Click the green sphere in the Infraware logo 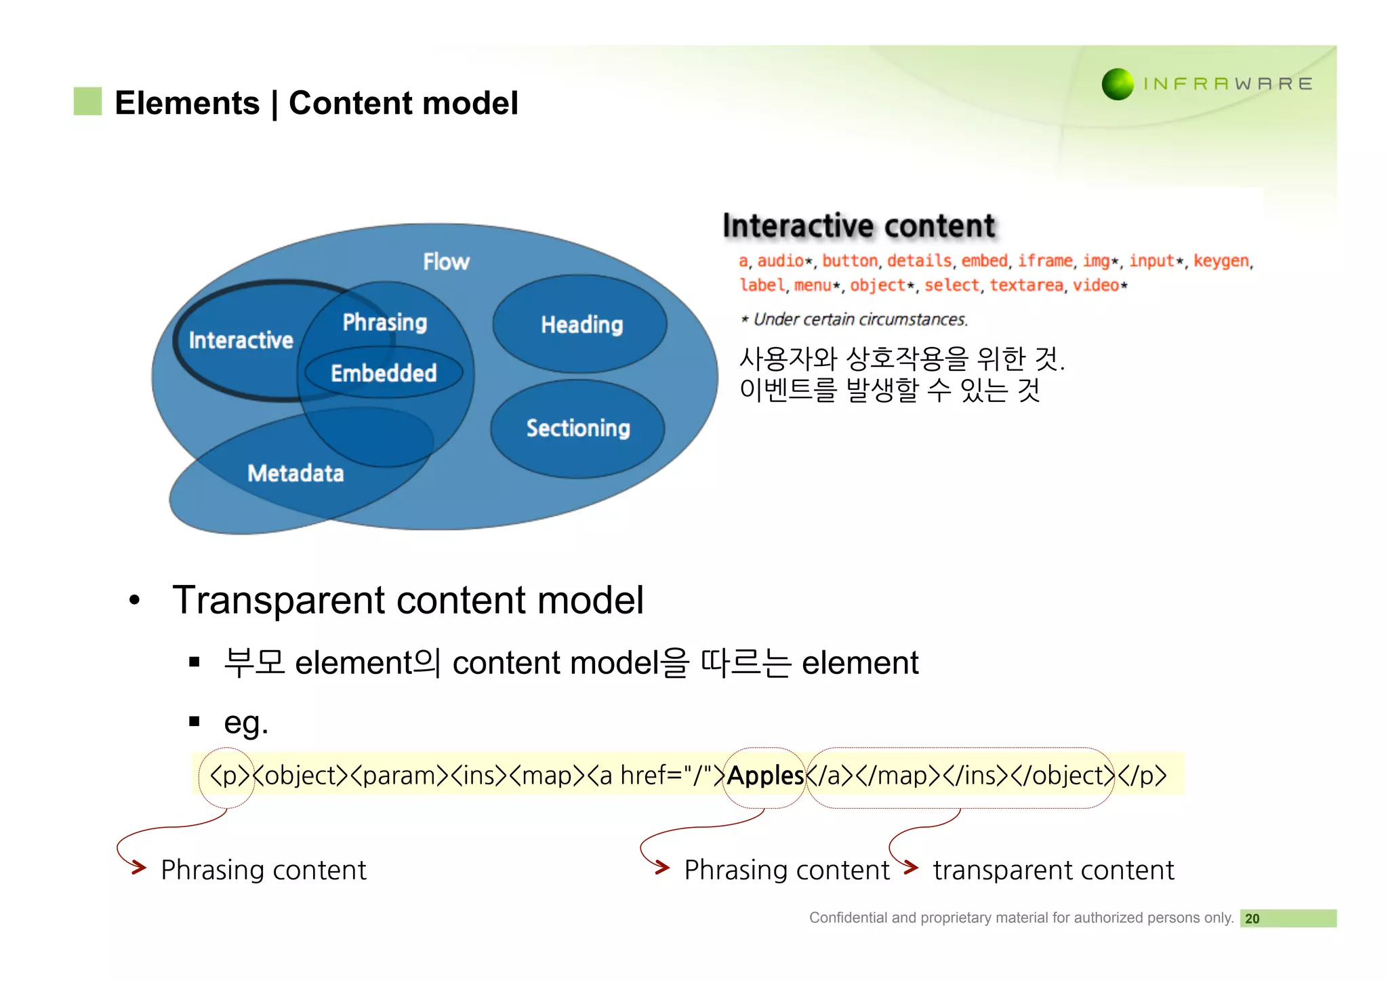point(1118,84)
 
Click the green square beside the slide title point(87,101)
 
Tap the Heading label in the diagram point(581,325)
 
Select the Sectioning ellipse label point(578,428)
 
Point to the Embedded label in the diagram point(384,373)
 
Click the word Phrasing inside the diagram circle point(384,322)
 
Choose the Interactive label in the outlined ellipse point(241,340)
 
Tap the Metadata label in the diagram point(295,473)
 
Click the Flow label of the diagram point(446,262)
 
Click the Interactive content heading point(859,226)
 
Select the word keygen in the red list point(1221,261)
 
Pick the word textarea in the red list point(1026,285)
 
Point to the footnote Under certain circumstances point(859,319)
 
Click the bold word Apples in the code point(765,776)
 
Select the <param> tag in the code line point(399,776)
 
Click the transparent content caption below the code point(1053,870)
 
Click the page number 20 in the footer point(1252,919)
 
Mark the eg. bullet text point(246,723)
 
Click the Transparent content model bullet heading point(408,600)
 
